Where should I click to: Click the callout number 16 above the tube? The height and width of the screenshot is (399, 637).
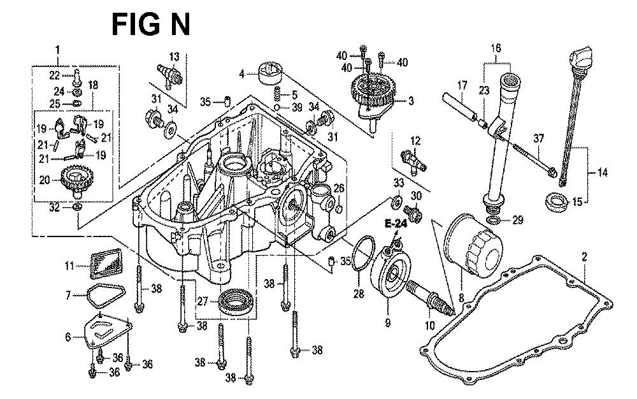[x=497, y=48]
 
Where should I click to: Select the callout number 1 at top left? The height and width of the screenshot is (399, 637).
[x=57, y=49]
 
